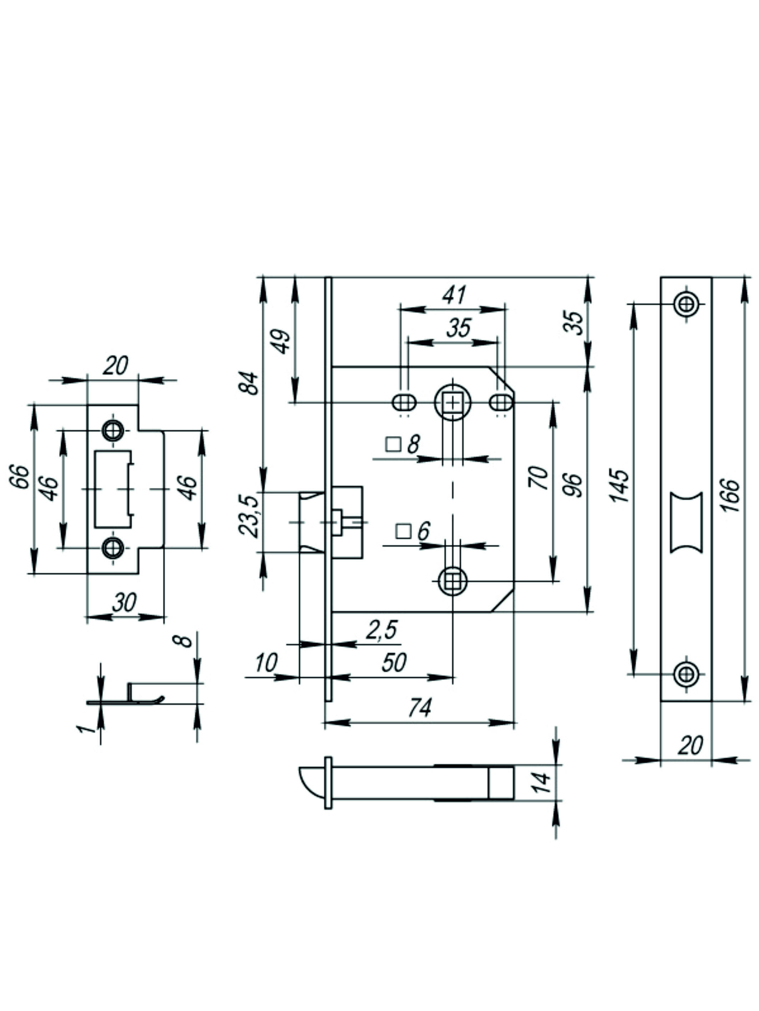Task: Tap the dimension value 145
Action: point(621,485)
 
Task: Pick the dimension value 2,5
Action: point(382,630)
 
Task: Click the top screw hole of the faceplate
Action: point(686,303)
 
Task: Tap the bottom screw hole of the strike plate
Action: point(112,547)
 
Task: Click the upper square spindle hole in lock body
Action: point(452,402)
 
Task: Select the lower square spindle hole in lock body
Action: point(452,581)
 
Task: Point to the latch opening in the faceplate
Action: point(686,522)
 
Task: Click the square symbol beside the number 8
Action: point(393,444)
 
